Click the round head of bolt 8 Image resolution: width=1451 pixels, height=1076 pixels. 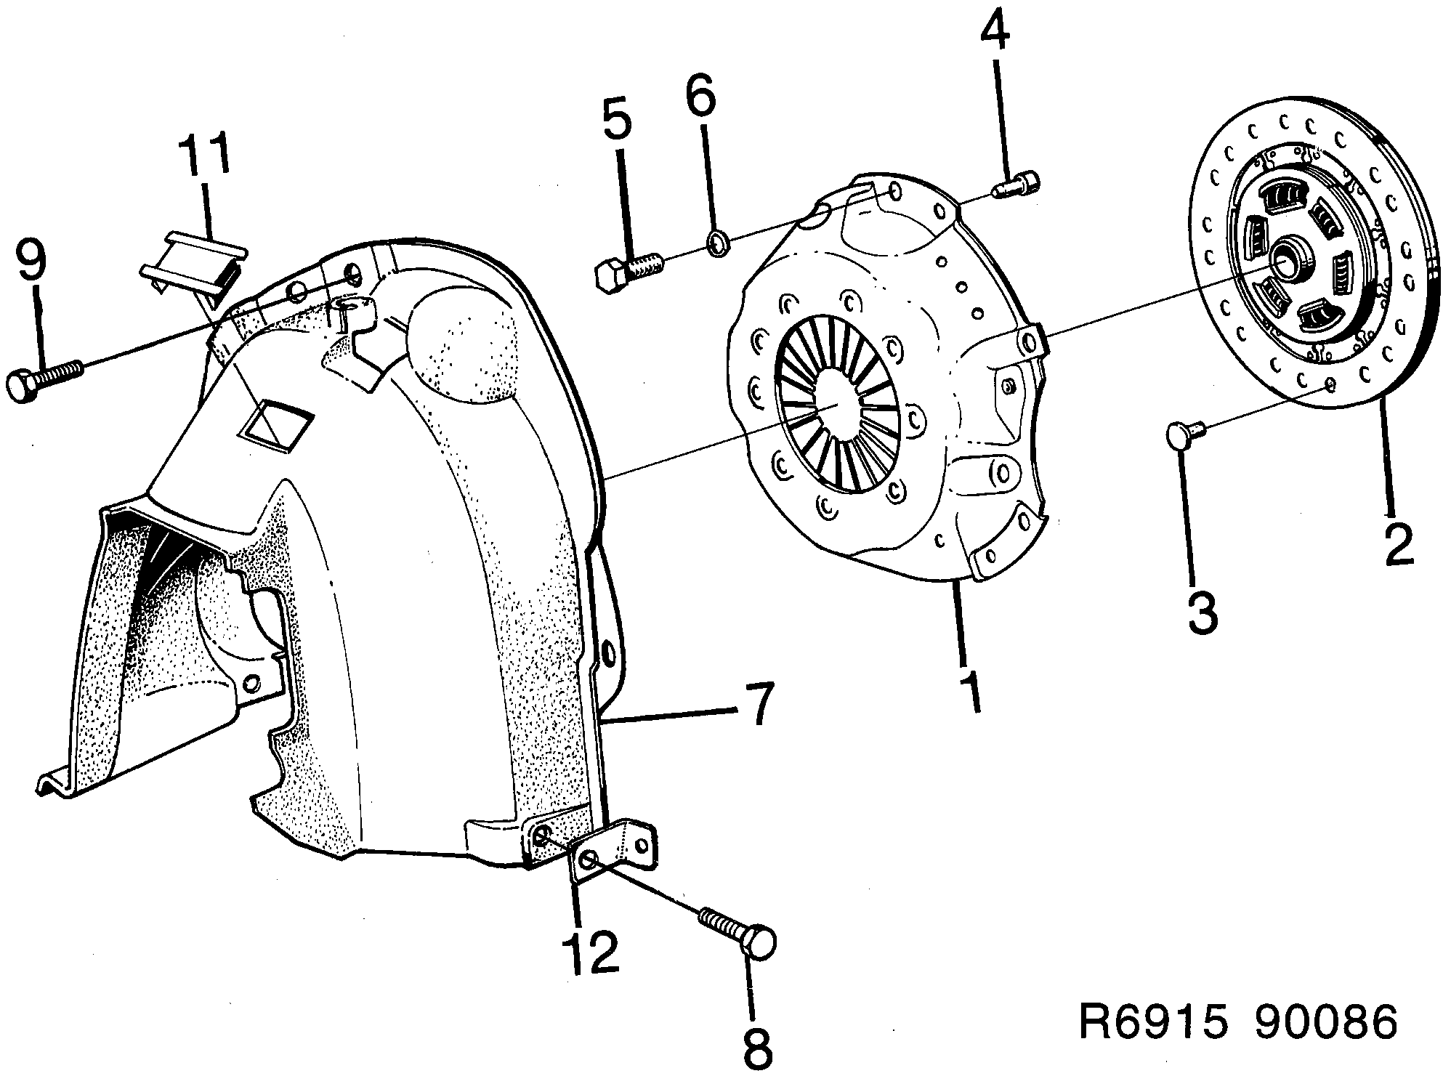click(x=759, y=943)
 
